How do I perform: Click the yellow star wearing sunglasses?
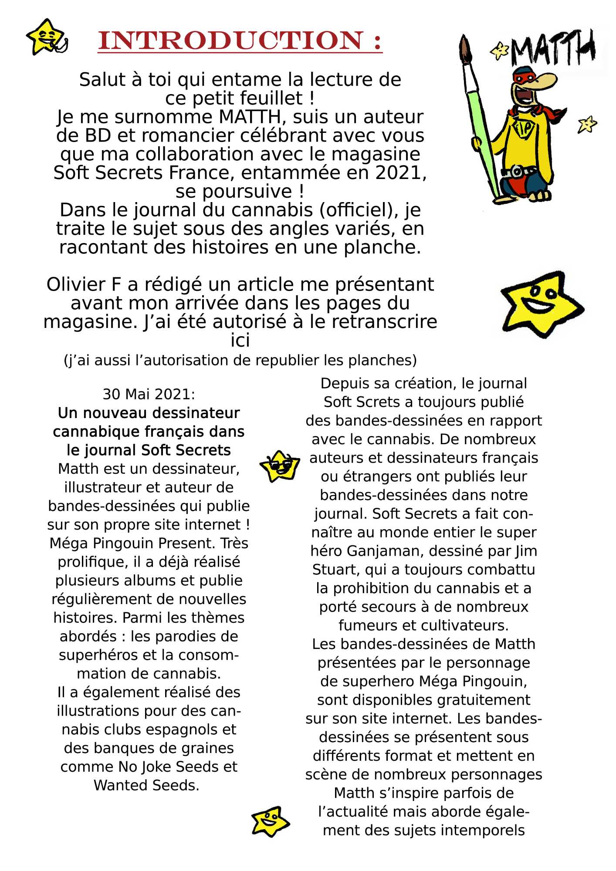[280, 466]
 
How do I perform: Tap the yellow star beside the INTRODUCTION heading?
[45, 37]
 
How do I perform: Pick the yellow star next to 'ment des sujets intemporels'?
[270, 821]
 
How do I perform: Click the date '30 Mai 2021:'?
[149, 394]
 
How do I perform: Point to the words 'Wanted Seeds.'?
[146, 785]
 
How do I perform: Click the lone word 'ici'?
[240, 341]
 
